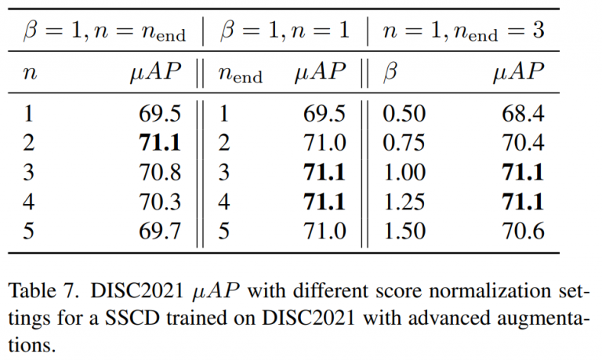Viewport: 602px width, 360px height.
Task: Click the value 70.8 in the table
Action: pos(160,172)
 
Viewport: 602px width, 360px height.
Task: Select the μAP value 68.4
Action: pos(523,114)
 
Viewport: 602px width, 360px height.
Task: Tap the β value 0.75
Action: pos(404,143)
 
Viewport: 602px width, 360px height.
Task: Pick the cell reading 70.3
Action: pos(160,202)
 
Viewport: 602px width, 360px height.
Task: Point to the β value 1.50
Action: pos(404,231)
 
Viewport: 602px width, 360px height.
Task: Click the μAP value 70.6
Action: pos(523,231)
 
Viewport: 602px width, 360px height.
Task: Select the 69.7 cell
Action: pos(160,231)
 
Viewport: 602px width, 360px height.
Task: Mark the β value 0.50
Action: pos(404,114)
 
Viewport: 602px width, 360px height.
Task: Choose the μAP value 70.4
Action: pos(523,143)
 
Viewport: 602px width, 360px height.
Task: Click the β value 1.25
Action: pos(404,202)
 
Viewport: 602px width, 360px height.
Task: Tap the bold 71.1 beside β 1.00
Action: pos(523,172)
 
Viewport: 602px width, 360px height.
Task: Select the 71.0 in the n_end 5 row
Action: pos(325,231)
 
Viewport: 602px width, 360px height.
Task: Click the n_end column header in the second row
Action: pos(241,74)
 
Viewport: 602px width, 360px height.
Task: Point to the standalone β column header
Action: pos(390,71)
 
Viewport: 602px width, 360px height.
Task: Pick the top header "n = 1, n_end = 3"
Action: pos(463,31)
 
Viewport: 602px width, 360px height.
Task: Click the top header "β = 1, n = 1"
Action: pos(285,31)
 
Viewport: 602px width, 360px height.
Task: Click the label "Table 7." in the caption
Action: pos(43,291)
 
